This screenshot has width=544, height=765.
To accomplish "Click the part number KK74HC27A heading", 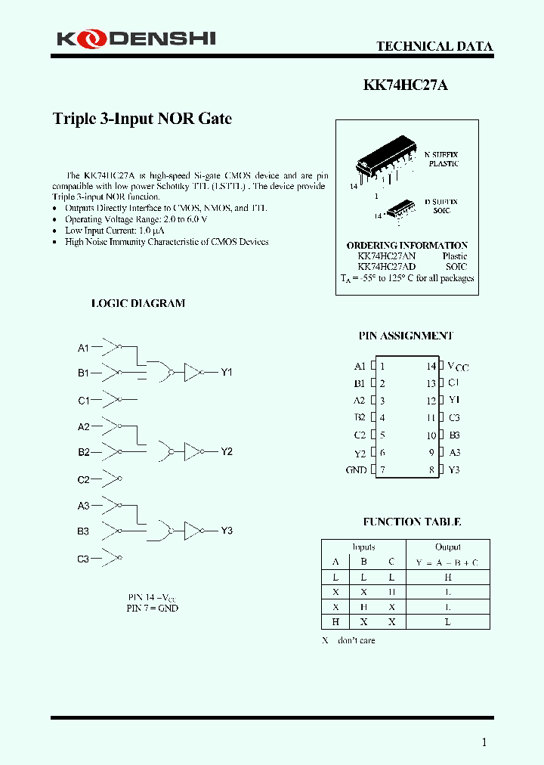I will click(405, 85).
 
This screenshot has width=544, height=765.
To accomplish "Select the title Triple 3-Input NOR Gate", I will click(142, 119).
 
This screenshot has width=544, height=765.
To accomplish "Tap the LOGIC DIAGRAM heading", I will click(138, 303).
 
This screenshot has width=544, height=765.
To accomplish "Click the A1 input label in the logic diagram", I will click(83, 348).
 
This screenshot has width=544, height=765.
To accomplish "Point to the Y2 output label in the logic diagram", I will click(227, 451).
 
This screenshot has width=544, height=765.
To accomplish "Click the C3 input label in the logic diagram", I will click(83, 559).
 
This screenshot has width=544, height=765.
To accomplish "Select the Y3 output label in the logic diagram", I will click(227, 531).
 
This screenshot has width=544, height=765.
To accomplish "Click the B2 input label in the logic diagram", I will click(83, 452).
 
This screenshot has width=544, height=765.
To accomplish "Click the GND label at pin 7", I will click(356, 470).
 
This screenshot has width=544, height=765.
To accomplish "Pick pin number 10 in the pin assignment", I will click(431, 435).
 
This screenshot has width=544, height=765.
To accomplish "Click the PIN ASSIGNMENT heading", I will click(406, 336).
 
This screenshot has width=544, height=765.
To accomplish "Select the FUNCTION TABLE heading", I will click(412, 522).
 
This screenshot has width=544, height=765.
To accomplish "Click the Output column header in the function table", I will click(448, 547).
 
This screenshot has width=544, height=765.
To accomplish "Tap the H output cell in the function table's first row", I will click(448, 577).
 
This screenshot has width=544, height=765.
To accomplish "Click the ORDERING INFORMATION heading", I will click(406, 246).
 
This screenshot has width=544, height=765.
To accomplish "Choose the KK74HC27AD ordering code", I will click(386, 267).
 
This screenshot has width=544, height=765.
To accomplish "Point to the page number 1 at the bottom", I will click(484, 742).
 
